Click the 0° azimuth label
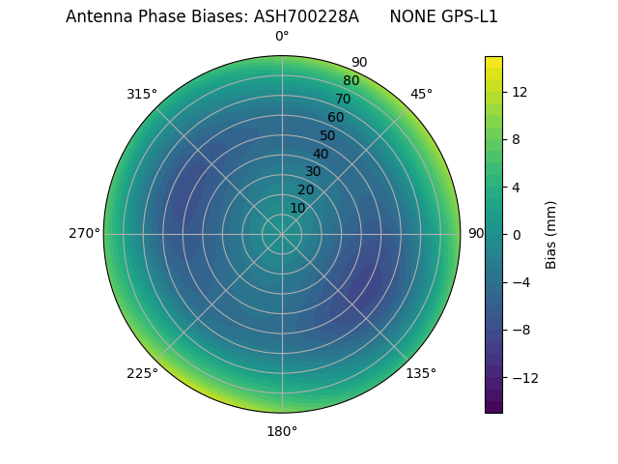282,37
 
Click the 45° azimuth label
421,94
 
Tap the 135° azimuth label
421,373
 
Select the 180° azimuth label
282,431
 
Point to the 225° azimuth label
142,373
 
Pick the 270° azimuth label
84,233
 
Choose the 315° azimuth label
142,94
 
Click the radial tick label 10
297,208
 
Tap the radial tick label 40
321,154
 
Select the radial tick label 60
336,118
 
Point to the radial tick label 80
351,81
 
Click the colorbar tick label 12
519,92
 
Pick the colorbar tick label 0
517,234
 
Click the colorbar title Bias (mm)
551,234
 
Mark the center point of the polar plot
282,234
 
